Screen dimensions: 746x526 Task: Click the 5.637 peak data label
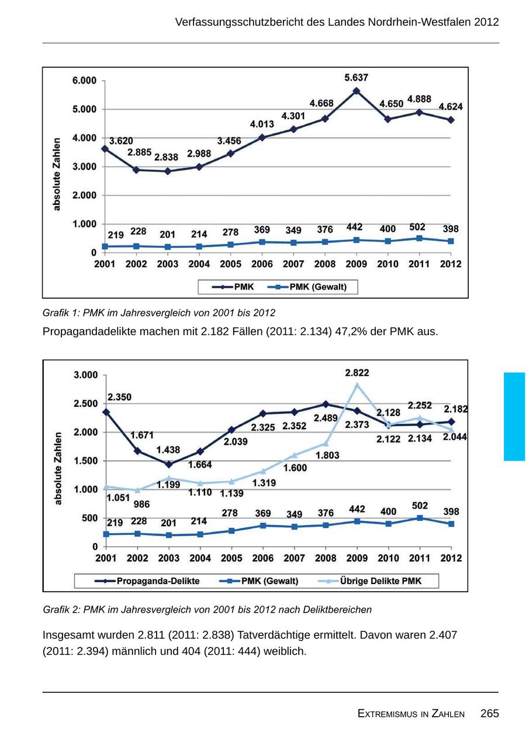(357, 78)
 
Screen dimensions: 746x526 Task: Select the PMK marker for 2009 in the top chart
(357, 91)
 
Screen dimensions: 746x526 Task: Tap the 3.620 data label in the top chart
(121, 141)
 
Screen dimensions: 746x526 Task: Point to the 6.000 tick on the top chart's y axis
(84, 81)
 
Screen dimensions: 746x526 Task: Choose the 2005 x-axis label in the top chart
(230, 264)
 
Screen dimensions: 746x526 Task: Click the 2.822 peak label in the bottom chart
(357, 373)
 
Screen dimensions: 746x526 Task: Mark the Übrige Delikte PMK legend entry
(380, 581)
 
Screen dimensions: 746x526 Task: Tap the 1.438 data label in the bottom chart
(168, 450)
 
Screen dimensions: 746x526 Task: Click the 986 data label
(141, 505)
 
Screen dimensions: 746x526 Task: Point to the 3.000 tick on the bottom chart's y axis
(85, 375)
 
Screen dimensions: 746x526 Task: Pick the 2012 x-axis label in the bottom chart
(451, 558)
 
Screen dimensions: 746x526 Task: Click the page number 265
(490, 713)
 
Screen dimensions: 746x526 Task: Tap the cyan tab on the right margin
(514, 416)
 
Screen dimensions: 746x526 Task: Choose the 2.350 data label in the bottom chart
(119, 398)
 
